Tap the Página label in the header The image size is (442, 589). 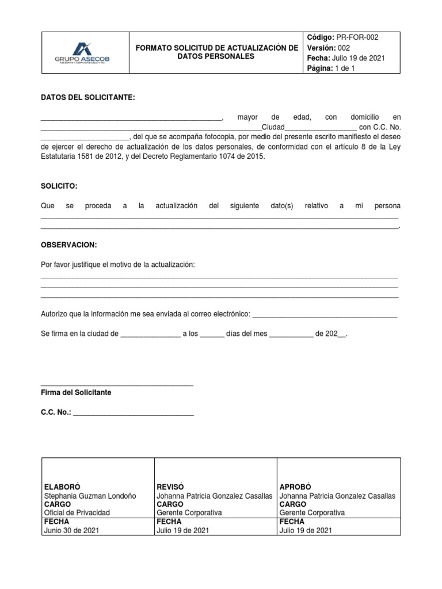pyautogui.click(x=320, y=68)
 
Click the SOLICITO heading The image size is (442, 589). pyautogui.click(x=59, y=186)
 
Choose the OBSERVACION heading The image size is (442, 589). pyautogui.click(x=69, y=245)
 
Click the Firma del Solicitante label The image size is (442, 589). pyautogui.click(x=76, y=392)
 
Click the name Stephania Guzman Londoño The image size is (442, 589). pyautogui.click(x=90, y=496)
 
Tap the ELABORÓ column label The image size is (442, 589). pyautogui.click(x=60, y=487)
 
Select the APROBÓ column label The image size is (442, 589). pyautogui.click(x=295, y=487)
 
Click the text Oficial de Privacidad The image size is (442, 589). pyautogui.click(x=77, y=512)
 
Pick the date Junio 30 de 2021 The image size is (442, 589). pyautogui.click(x=71, y=530)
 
